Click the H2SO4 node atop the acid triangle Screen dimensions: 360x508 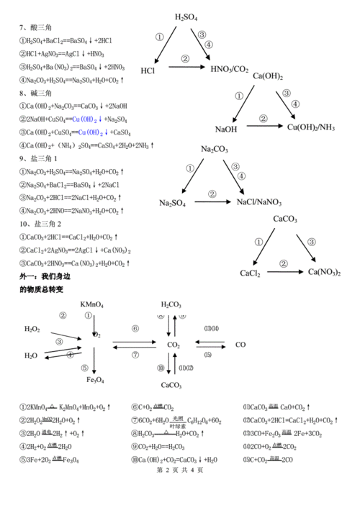pos(186,16)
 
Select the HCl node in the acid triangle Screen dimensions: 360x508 pos(148,71)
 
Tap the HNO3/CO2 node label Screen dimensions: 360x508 pos(230,70)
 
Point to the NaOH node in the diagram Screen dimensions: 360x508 pos(226,129)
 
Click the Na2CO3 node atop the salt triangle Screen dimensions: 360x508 pos(215,148)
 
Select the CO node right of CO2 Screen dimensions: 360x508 pos(240,345)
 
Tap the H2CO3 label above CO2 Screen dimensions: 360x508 pos(171,304)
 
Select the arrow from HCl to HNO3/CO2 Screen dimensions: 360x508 pos(184,68)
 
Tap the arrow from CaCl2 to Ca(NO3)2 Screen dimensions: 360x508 pos(284,272)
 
